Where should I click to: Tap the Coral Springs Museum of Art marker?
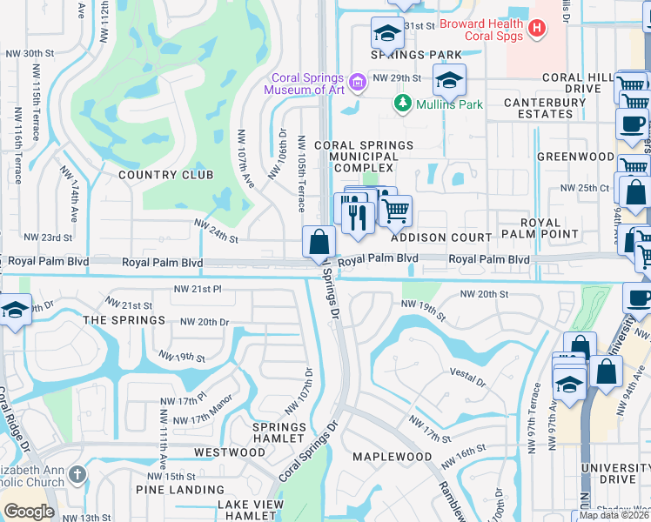pyautogui.click(x=356, y=84)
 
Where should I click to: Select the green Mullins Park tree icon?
pyautogui.click(x=402, y=104)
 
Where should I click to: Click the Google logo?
pyautogui.click(x=29, y=512)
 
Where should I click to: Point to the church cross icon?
pyautogui.click(x=78, y=474)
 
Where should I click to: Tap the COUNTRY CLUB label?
pyautogui.click(x=165, y=175)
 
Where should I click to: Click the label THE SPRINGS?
pyautogui.click(x=124, y=320)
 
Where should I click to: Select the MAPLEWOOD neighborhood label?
pyautogui.click(x=392, y=457)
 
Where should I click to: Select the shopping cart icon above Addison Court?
pyautogui.click(x=396, y=209)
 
